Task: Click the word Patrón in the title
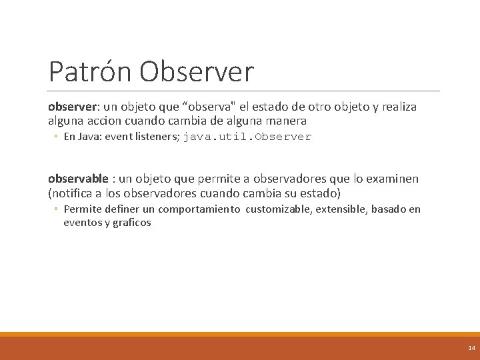click(x=89, y=72)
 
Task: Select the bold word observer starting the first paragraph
click(x=73, y=107)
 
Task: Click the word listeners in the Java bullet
click(x=154, y=137)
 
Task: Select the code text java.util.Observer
click(x=247, y=137)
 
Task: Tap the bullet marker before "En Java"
click(x=57, y=137)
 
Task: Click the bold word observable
click(x=78, y=179)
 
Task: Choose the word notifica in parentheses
click(x=73, y=193)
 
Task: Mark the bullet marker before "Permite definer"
click(x=57, y=209)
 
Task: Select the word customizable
click(x=277, y=209)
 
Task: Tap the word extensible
click(x=340, y=209)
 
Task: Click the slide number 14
click(x=471, y=348)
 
